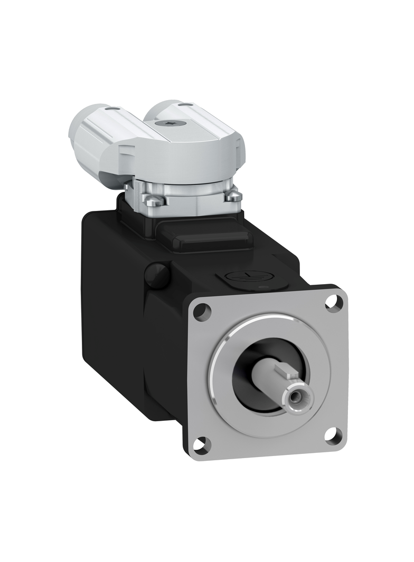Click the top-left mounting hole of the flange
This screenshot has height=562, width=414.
point(202,312)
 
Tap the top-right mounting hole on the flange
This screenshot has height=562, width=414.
point(333,302)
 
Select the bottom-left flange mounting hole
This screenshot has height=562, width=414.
point(201,444)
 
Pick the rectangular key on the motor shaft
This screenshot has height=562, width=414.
point(287,373)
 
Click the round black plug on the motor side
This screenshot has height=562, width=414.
point(157,275)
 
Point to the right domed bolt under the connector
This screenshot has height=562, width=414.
point(233,196)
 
